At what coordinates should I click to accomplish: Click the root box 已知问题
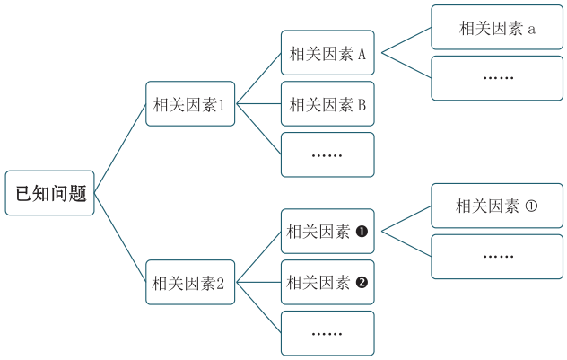coord(49,193)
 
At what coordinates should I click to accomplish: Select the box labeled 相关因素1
coord(190,104)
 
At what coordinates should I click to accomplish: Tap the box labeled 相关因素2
coord(190,283)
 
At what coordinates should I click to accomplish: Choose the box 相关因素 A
coord(327,53)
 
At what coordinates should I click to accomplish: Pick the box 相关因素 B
coord(327,104)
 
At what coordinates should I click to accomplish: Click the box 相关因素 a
coord(497,28)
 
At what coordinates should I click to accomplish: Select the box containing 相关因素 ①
coord(497,206)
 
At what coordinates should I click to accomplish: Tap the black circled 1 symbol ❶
coord(362,232)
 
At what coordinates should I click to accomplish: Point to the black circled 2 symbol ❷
coord(362,283)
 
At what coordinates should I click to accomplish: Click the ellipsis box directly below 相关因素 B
coord(327,154)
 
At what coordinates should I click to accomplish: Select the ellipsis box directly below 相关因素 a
coord(497,78)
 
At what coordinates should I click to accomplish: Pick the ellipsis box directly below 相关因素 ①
coord(497,256)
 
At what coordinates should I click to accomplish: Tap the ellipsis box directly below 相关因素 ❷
coord(327,333)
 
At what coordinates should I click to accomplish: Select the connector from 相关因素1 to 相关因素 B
coord(258,104)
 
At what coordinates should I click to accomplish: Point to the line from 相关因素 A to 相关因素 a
coord(406,40)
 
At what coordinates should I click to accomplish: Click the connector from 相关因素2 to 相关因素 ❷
coord(258,283)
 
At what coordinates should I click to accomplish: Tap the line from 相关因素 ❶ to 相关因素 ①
coord(404,218)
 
